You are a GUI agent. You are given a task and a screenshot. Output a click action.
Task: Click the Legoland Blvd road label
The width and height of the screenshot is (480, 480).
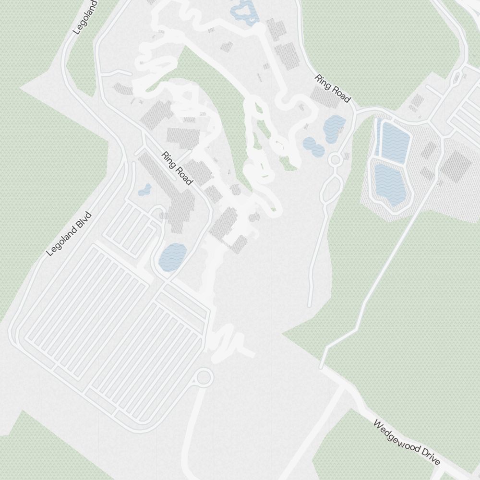coord(69,233)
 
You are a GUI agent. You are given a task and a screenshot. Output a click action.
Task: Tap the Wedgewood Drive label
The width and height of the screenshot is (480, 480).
coord(406,443)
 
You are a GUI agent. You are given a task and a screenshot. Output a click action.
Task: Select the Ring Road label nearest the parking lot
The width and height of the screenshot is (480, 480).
coord(177,168)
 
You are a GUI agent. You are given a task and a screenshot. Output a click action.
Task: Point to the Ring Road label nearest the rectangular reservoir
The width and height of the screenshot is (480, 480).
coord(333,88)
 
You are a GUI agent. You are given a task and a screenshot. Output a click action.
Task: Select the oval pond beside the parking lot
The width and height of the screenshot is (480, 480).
coord(173,257)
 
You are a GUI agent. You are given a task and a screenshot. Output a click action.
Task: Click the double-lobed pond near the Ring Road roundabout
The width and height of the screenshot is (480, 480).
coord(313,146)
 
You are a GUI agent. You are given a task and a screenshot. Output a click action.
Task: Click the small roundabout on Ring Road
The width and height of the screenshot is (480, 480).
coord(336,159)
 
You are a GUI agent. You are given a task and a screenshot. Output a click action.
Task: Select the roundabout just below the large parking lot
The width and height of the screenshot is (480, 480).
coord(204,378)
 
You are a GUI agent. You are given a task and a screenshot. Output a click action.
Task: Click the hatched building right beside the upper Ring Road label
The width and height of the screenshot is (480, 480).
coord(325,97)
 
